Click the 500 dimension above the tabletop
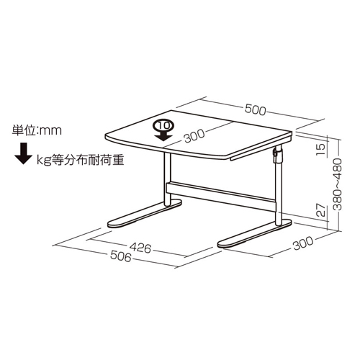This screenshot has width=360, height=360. coord(256,109)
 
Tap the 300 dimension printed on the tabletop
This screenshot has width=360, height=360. coord(194,135)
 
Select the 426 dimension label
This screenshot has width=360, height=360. coord(140,248)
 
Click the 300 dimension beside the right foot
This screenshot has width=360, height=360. coord(303,243)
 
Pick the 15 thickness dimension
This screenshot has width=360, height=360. coord(321,149)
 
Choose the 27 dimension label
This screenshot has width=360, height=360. coord(321,210)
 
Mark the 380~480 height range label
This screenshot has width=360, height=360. coord(338,184)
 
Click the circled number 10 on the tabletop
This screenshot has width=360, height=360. coord(164,125)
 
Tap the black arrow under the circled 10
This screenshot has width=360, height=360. coord(163,136)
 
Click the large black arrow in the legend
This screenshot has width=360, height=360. coord(23,154)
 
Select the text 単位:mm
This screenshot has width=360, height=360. coord(37,130)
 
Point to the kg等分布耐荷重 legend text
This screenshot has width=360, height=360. coord(81,160)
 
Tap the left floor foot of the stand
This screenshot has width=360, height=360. coord(144,214)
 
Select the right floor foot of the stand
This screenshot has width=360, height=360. coord(255,233)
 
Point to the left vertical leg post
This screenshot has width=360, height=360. coord(168,179)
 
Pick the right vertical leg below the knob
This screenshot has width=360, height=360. coord(278,194)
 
